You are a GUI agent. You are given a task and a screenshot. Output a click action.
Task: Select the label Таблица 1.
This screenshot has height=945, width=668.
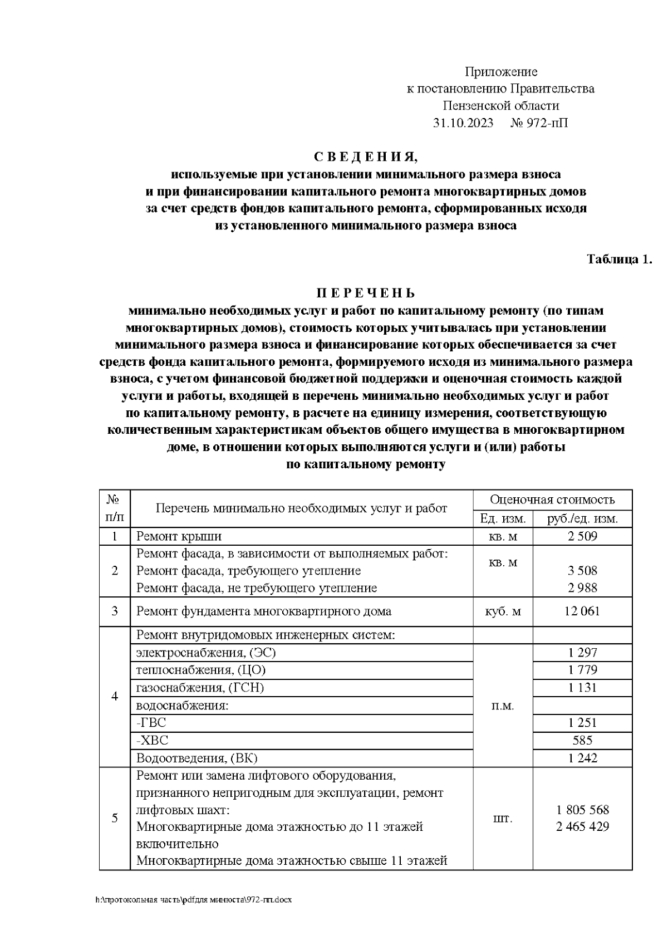(x=619, y=259)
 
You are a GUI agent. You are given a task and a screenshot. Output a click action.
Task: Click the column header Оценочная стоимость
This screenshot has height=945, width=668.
(x=552, y=499)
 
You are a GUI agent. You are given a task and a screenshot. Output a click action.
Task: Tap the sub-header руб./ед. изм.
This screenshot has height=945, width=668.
(x=582, y=519)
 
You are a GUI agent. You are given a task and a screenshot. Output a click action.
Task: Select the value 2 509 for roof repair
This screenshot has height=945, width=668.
(x=582, y=537)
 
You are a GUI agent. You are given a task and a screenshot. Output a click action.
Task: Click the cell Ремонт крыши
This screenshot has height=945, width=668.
(x=179, y=537)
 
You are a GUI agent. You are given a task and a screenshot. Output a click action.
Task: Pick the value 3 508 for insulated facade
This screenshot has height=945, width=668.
(x=582, y=571)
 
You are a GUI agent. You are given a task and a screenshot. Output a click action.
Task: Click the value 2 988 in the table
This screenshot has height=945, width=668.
(x=582, y=588)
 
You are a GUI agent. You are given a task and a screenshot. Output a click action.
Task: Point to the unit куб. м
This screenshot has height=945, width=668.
(x=503, y=611)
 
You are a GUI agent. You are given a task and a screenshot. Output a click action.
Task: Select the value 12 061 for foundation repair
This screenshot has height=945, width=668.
(x=582, y=611)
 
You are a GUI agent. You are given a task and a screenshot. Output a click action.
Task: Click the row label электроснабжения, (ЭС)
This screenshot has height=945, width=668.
(x=206, y=653)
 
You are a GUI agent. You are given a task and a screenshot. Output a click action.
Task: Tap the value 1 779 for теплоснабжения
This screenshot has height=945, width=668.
(x=582, y=670)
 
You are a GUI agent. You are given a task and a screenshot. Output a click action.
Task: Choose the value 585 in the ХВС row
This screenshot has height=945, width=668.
(x=582, y=741)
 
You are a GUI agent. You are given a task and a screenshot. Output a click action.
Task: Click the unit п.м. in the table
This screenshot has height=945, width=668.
(x=503, y=706)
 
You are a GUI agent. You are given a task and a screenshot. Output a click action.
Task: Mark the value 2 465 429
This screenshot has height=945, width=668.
(x=582, y=827)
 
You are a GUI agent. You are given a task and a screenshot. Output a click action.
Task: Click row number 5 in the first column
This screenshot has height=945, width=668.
(x=115, y=818)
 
